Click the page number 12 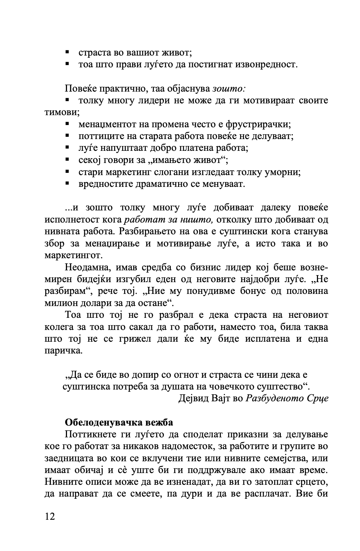50,517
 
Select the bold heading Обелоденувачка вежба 119,422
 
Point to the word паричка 63,351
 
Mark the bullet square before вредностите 67,183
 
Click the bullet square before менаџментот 67,124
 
